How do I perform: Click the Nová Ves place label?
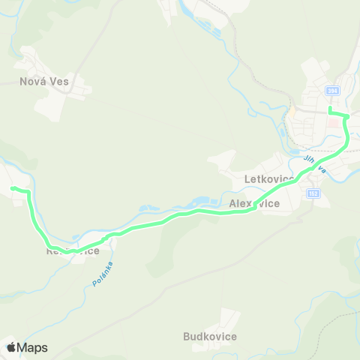tap(44, 82)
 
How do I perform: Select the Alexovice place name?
tap(254, 203)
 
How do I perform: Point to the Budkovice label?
tap(210, 337)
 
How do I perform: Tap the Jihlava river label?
tap(314, 164)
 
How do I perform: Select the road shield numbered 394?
tap(332, 91)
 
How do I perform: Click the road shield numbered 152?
tap(313, 193)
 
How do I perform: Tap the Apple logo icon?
tap(11, 346)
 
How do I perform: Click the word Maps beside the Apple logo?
tap(32, 347)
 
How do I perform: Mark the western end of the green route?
tap(12, 188)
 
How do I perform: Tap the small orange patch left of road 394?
tap(293, 109)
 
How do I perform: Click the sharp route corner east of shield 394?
tap(346, 116)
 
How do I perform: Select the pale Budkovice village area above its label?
tap(232, 319)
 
